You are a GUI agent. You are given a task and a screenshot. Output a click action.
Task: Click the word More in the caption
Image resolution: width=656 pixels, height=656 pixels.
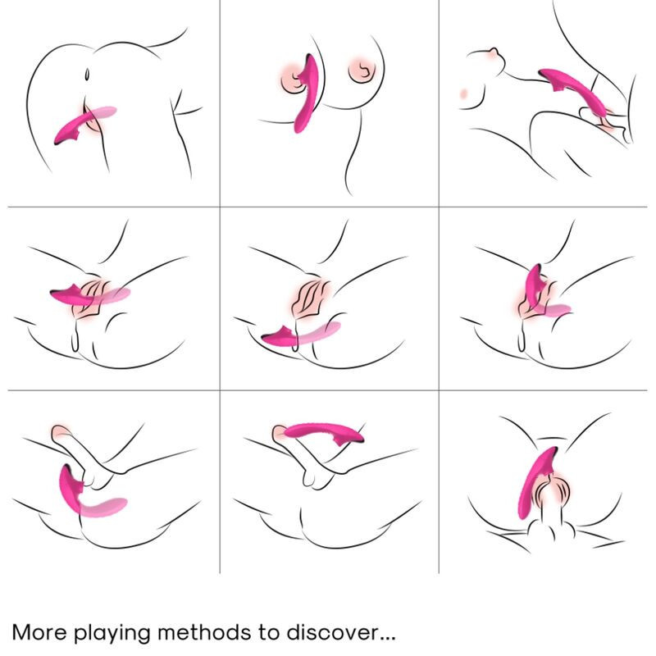[40, 632]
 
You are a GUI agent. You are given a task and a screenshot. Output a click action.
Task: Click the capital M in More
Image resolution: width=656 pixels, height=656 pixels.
[22, 632]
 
